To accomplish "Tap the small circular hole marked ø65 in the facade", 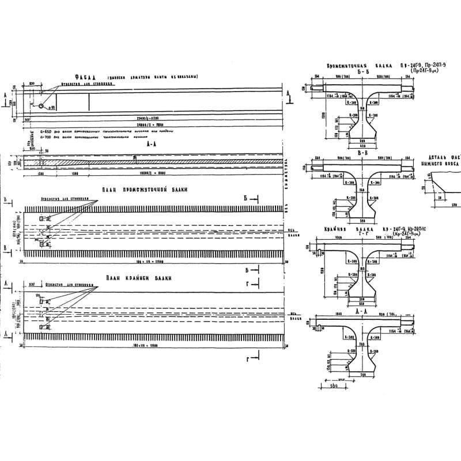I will tap(42, 105).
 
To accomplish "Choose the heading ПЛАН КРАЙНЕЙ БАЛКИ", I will tap(139, 278).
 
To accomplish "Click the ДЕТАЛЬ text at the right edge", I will tap(441, 157).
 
